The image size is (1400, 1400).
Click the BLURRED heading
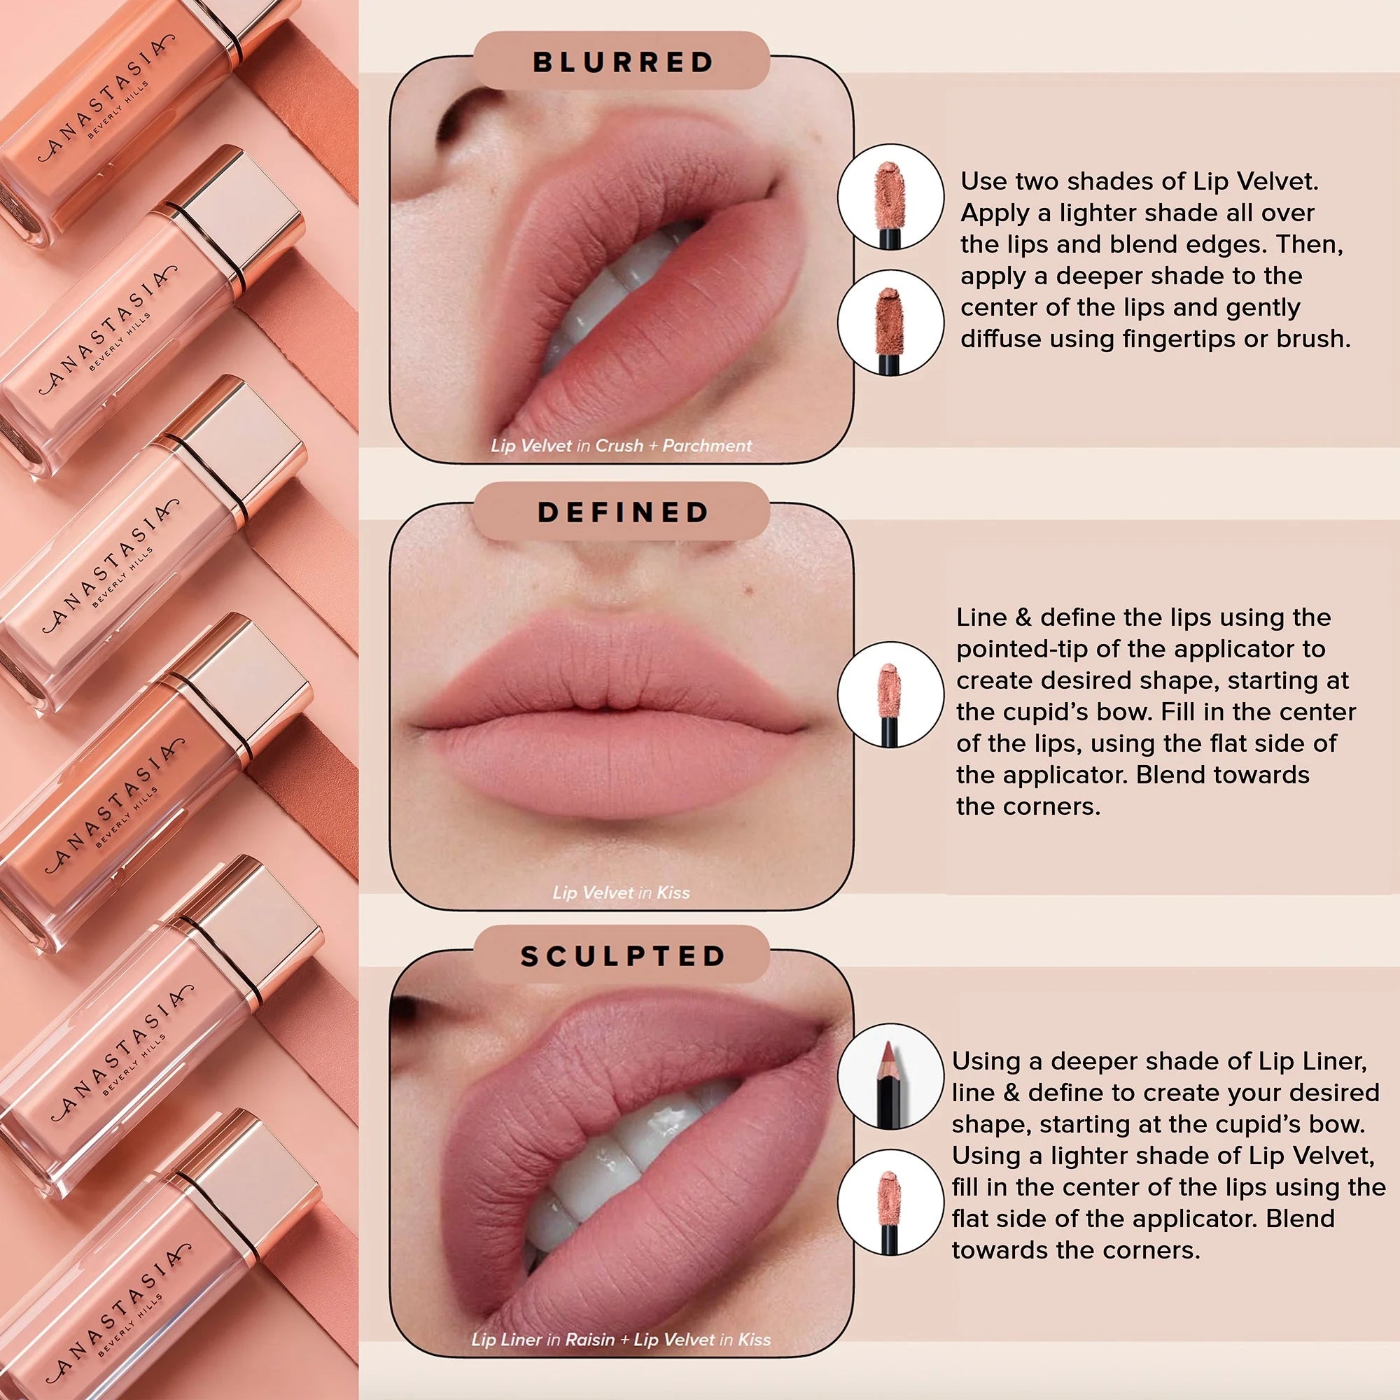[x=623, y=62]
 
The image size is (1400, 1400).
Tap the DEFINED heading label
[x=623, y=512]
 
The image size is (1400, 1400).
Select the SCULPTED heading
[x=623, y=955]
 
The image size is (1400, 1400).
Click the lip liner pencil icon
[x=890, y=1076]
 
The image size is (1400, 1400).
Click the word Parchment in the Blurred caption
[x=707, y=446]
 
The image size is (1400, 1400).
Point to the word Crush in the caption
[x=619, y=446]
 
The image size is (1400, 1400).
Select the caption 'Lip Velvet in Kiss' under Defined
[x=621, y=892]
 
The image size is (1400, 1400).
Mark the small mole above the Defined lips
[x=749, y=592]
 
